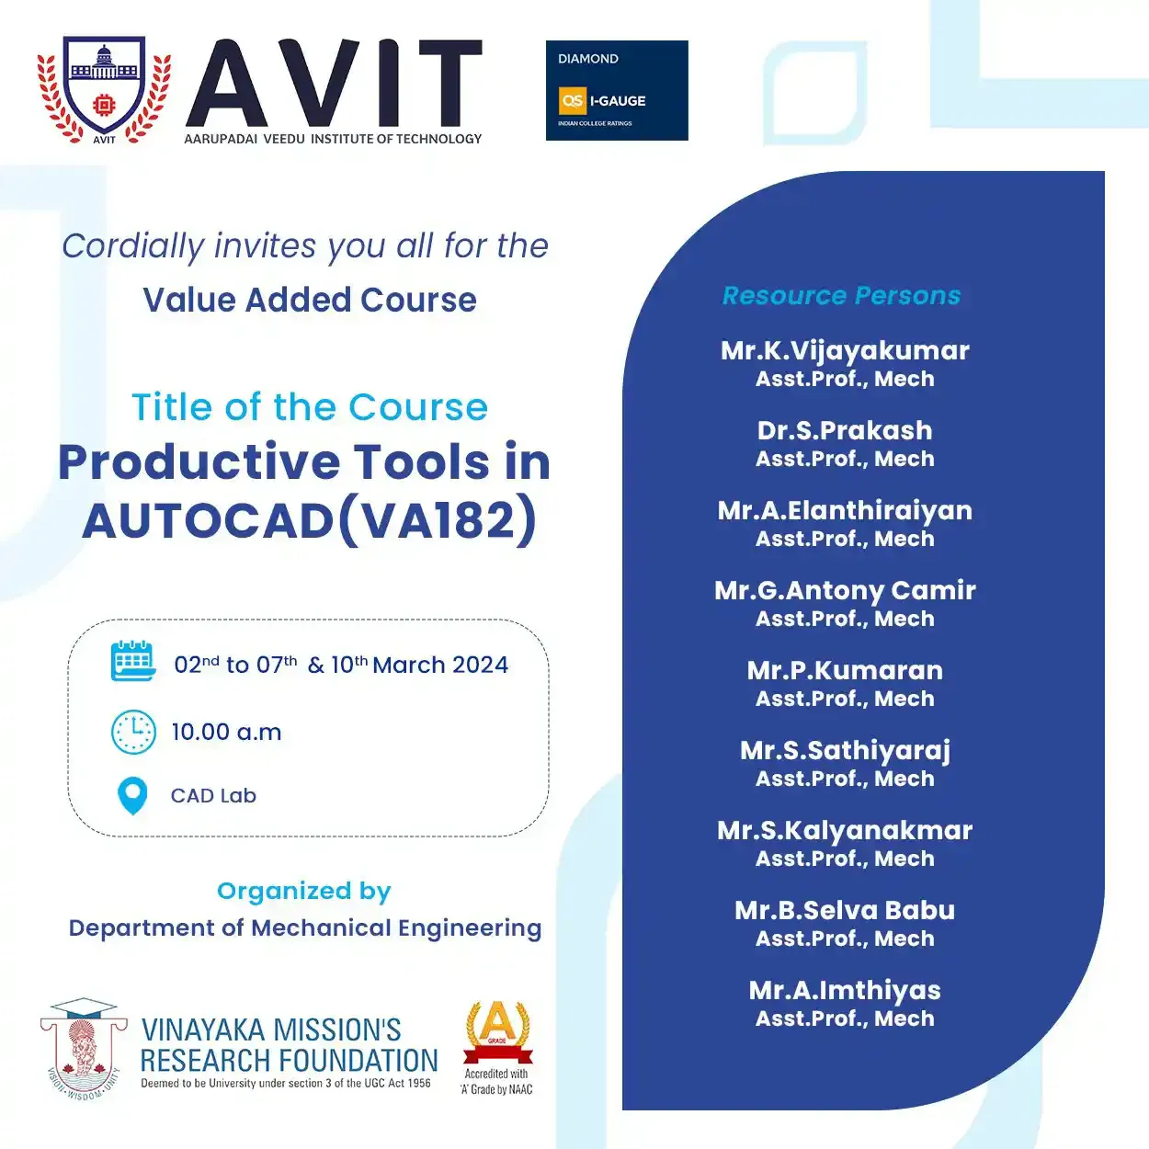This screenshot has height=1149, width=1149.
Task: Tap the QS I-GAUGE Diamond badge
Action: [617, 91]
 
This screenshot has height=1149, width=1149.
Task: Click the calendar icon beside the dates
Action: [133, 661]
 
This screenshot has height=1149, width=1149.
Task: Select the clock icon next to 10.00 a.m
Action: [133, 732]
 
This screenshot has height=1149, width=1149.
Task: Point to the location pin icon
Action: [132, 795]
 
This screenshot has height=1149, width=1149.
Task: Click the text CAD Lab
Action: [213, 795]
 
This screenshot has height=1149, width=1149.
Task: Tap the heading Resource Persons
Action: [841, 295]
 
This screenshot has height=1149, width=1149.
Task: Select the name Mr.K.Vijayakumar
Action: [845, 350]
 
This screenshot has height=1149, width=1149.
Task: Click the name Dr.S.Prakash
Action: [845, 430]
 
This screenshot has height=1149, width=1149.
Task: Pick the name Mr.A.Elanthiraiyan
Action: [845, 511]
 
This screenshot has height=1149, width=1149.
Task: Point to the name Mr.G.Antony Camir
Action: [845, 591]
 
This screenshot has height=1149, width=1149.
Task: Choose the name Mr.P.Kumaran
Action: [845, 670]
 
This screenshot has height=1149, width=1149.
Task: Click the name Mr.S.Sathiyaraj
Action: [845, 751]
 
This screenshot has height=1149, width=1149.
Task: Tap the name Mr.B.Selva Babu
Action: [845, 911]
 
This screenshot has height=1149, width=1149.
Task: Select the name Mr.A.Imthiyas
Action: [845, 990]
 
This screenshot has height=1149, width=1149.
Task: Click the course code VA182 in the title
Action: [438, 520]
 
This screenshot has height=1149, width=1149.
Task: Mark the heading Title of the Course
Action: [310, 407]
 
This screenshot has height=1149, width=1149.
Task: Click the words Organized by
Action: [304, 892]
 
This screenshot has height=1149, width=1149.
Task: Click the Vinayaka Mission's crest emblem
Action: [84, 1048]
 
